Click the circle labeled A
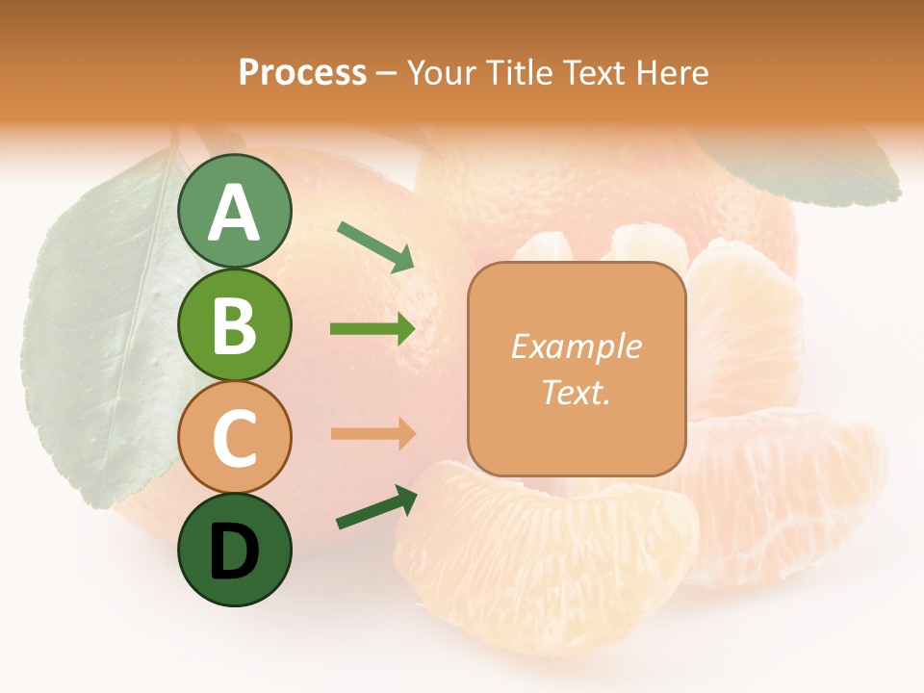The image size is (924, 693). pyautogui.click(x=234, y=212)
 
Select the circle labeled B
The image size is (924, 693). pyautogui.click(x=234, y=324)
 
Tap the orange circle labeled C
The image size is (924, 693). pyautogui.click(x=234, y=437)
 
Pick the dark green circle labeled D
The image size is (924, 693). pyautogui.click(x=234, y=550)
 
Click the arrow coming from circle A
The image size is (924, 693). pyautogui.click(x=374, y=246)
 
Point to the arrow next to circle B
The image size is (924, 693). pyautogui.click(x=372, y=329)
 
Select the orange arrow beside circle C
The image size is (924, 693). pyautogui.click(x=372, y=433)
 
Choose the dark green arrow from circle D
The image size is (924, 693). pyautogui.click(x=375, y=508)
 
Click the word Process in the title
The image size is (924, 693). pyautogui.click(x=302, y=72)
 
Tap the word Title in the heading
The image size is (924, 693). pyautogui.click(x=517, y=72)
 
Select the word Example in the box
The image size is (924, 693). pyautogui.click(x=576, y=346)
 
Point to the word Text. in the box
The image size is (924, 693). pyautogui.click(x=576, y=392)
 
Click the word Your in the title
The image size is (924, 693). pyautogui.click(x=439, y=72)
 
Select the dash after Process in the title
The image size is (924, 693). pyautogui.click(x=386, y=73)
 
